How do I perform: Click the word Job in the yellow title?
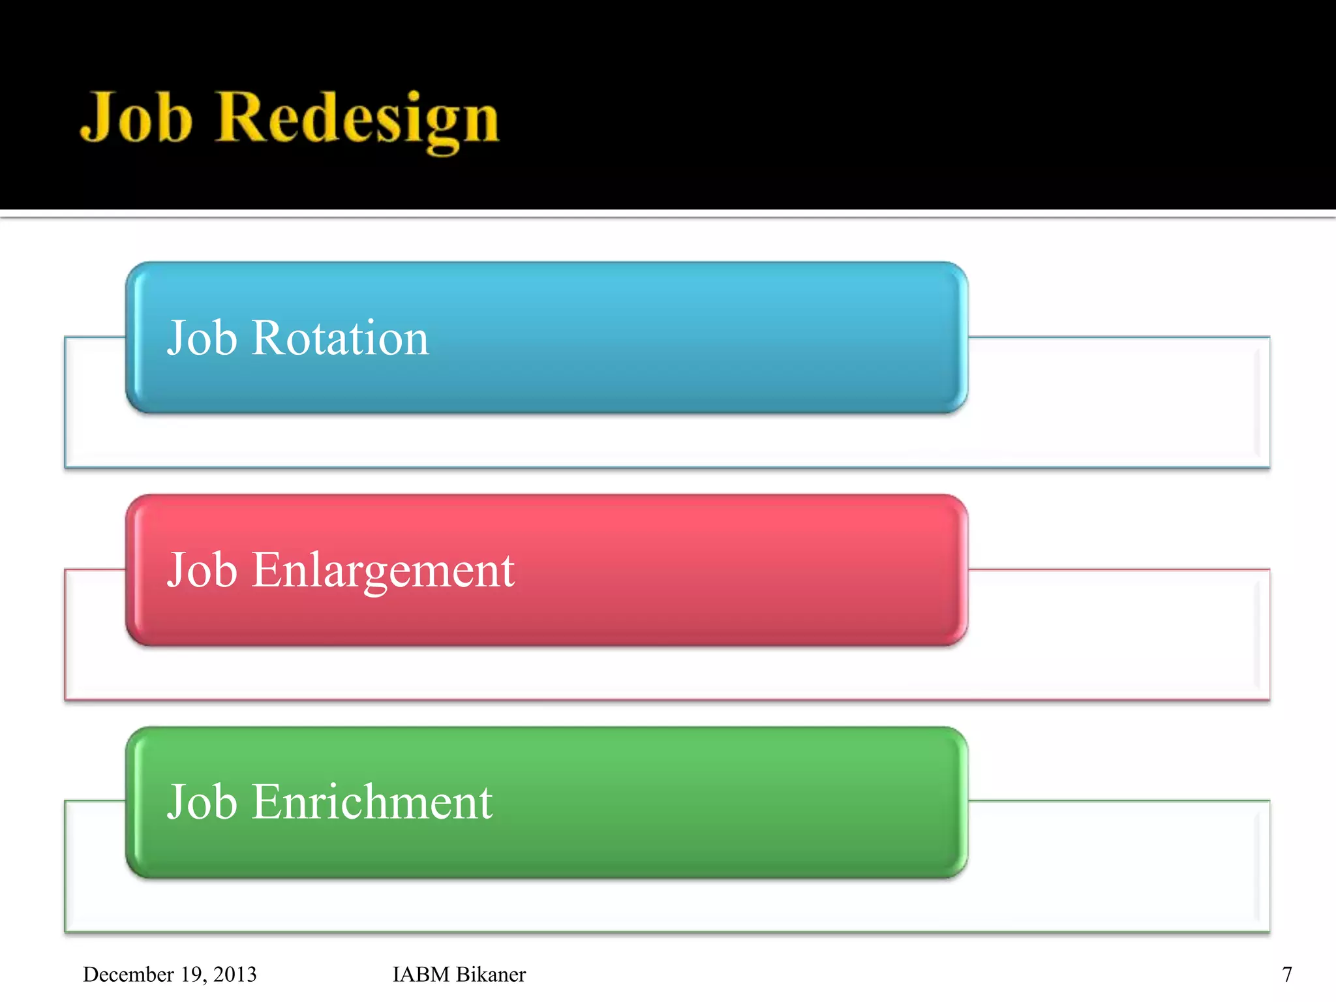point(136,117)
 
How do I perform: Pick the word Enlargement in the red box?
point(383,571)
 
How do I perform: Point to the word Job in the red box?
point(202,571)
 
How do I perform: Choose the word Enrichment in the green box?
point(372,802)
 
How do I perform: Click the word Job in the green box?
point(202,802)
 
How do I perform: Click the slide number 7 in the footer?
point(1286,974)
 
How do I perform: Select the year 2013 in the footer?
point(235,974)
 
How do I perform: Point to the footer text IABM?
point(421,974)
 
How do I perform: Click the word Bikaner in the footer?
point(491,974)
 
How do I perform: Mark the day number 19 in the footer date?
point(192,974)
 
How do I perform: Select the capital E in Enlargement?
point(265,570)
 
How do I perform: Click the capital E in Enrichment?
point(265,802)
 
